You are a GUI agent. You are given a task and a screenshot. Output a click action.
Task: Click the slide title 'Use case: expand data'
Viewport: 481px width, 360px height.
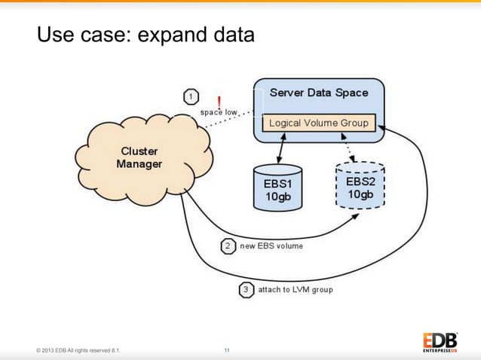146,35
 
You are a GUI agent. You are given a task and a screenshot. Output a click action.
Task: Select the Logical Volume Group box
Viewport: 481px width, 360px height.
319,123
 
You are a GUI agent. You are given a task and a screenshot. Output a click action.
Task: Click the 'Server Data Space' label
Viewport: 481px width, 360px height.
319,93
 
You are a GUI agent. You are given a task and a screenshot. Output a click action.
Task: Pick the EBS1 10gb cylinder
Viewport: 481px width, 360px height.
277,188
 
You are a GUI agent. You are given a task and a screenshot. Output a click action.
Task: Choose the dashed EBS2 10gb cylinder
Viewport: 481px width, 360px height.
359,185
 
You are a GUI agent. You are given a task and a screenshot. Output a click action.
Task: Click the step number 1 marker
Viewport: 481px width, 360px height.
192,96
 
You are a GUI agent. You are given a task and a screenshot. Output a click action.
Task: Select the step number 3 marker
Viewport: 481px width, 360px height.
247,289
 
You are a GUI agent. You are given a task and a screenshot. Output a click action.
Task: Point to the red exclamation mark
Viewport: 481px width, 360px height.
219,101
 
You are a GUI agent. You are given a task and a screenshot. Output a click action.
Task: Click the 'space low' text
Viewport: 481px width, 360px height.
219,112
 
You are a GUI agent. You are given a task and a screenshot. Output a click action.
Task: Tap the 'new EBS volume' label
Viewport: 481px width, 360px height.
271,246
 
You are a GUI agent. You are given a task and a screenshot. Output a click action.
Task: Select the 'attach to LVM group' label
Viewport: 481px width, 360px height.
295,289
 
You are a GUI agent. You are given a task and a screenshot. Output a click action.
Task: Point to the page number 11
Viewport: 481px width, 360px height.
227,351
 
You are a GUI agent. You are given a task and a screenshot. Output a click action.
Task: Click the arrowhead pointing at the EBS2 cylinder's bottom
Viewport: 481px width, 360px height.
357,217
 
